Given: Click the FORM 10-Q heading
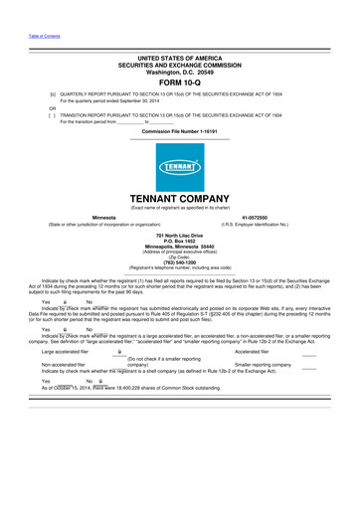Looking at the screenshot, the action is [180, 83].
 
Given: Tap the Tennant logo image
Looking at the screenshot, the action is [180, 165].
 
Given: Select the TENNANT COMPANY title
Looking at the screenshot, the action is [180, 197].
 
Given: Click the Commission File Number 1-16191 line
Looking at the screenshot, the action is [180, 130].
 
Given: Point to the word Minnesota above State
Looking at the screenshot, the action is [103, 216].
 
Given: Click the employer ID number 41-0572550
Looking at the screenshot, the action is [256, 216].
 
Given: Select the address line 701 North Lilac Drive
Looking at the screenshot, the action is [180, 234].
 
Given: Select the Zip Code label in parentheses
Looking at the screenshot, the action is [180, 255].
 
